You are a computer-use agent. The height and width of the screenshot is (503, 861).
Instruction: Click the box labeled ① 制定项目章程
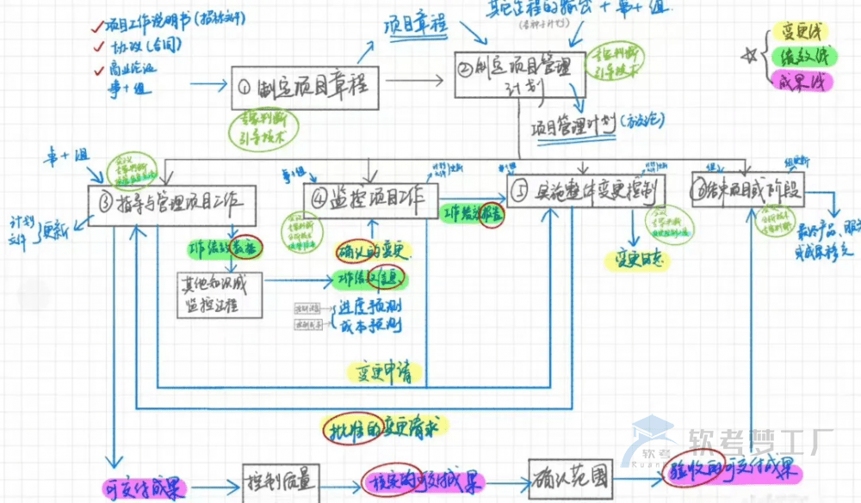tap(306, 86)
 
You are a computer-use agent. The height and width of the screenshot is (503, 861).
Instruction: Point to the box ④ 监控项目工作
tap(370, 198)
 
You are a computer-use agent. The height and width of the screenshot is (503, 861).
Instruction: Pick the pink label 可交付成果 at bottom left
tap(144, 488)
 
